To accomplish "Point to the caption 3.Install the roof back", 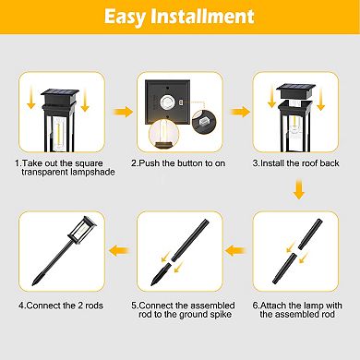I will [297, 162].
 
